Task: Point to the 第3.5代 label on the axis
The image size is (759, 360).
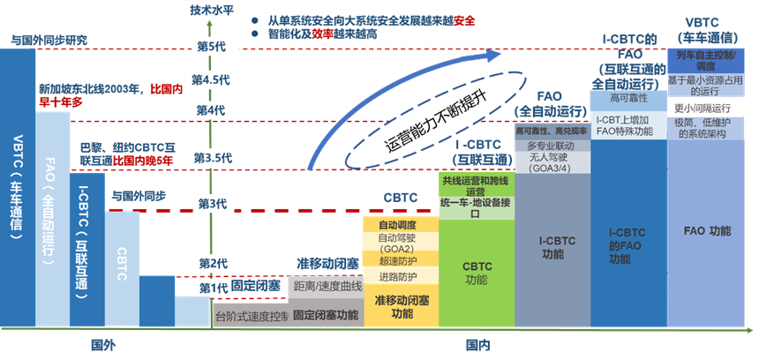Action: tap(211, 157)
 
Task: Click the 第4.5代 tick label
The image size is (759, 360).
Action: tap(211, 78)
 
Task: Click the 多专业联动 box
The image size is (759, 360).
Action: tap(551, 145)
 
